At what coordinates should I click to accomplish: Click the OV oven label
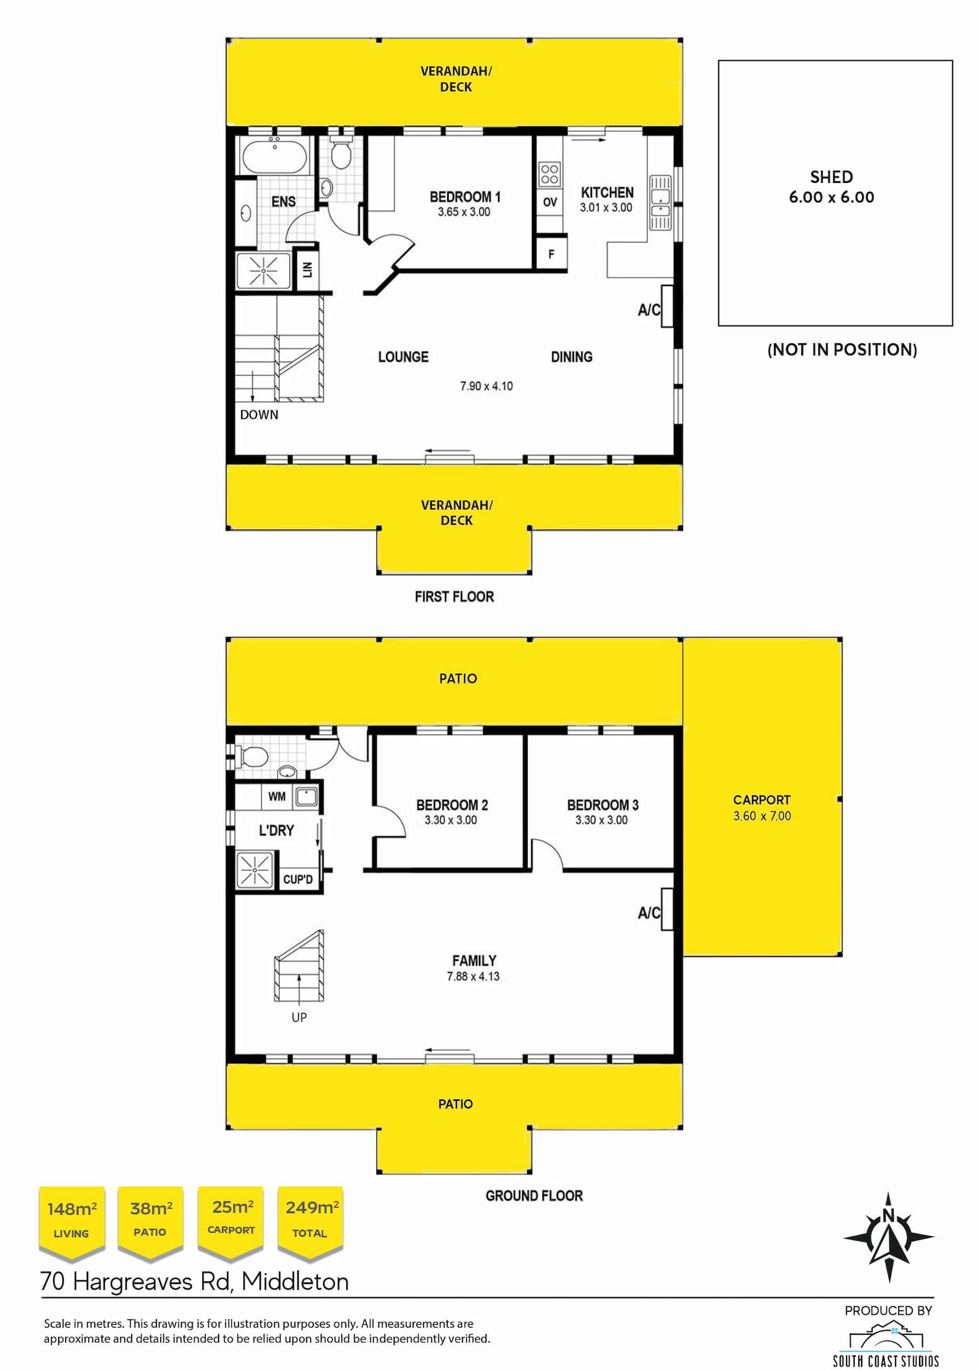(550, 202)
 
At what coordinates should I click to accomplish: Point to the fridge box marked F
(551, 254)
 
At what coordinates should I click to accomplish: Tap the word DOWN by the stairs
(259, 414)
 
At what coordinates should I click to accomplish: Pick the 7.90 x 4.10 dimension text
(486, 386)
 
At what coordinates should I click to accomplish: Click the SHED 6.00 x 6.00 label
(832, 187)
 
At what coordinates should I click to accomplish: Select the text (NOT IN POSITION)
(842, 350)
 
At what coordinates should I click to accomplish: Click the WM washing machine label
(277, 797)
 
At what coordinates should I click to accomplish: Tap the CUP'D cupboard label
(298, 879)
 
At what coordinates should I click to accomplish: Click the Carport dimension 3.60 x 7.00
(762, 816)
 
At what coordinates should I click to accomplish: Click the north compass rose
(889, 1237)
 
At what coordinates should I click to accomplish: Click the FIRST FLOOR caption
(455, 596)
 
